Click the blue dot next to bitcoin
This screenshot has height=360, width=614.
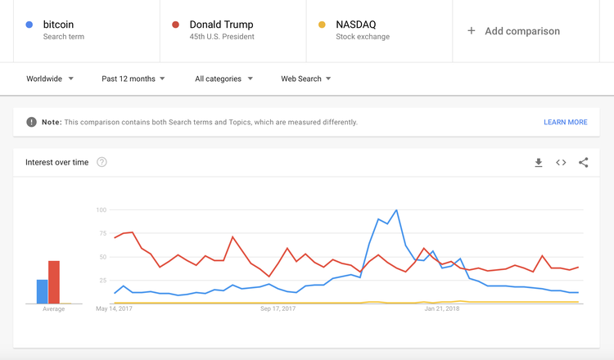[29, 25]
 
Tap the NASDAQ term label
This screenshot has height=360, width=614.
[355, 25]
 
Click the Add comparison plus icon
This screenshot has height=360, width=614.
[471, 31]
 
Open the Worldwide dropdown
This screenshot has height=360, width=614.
[50, 79]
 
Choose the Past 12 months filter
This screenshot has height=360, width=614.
[133, 79]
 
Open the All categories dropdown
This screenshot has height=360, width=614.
[223, 79]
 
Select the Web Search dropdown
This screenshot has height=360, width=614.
[306, 79]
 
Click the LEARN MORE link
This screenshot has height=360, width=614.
[565, 122]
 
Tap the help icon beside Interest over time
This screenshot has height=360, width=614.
[102, 162]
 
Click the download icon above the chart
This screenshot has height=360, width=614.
[539, 163]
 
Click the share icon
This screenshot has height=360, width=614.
[584, 163]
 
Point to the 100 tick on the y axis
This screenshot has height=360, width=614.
[102, 210]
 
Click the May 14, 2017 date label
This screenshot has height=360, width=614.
[115, 309]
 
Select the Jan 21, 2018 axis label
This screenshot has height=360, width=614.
[442, 309]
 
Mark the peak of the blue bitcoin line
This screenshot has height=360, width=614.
[396, 210]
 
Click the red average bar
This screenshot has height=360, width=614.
[54, 282]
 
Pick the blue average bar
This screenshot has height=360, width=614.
[42, 291]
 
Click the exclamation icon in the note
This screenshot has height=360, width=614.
[31, 122]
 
